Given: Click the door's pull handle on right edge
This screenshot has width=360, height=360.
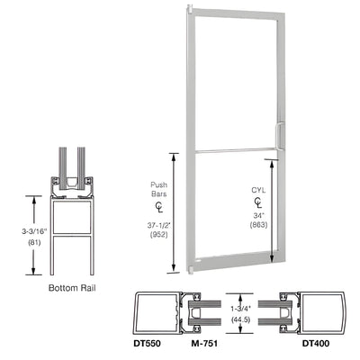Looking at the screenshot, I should point(279,135).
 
